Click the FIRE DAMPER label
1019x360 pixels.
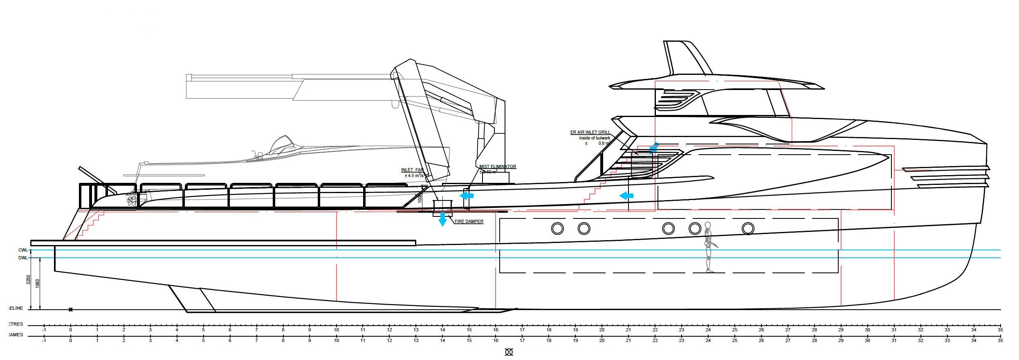point(469,222)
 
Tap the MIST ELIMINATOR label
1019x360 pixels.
point(498,167)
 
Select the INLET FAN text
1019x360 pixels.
point(412,170)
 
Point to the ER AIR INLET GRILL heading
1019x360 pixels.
point(590,133)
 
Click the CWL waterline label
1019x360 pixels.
point(23,250)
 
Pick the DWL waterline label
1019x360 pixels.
point(23,258)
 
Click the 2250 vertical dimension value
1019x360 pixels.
point(28,279)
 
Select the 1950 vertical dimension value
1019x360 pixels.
point(38,283)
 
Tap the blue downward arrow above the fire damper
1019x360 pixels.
point(442,220)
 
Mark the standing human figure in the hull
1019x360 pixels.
point(708,247)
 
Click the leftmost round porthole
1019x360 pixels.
point(557,228)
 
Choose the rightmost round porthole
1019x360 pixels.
point(748,228)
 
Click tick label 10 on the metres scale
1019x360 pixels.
point(336,330)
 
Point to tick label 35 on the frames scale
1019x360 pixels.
point(1000,340)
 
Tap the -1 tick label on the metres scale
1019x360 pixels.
point(44,330)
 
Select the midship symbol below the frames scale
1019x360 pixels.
point(509,353)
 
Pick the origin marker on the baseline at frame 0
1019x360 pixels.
point(71,310)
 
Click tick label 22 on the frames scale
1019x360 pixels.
point(655,340)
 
